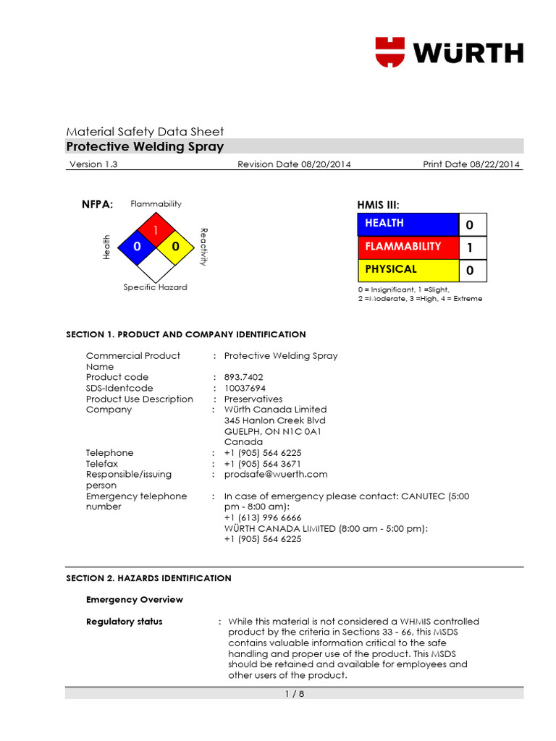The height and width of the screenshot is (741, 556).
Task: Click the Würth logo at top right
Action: pyautogui.click(x=449, y=53)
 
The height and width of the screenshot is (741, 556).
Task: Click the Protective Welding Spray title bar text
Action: pyautogui.click(x=145, y=147)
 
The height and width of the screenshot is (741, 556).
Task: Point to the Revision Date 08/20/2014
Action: pyautogui.click(x=294, y=164)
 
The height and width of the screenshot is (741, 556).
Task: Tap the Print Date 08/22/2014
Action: pyautogui.click(x=471, y=164)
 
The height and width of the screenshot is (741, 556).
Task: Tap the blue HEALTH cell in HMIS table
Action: pyautogui.click(x=408, y=224)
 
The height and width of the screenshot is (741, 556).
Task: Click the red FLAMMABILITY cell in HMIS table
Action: pyautogui.click(x=408, y=247)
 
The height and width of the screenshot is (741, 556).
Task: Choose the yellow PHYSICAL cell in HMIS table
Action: pyautogui.click(x=408, y=270)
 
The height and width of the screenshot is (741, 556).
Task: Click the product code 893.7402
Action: pyautogui.click(x=244, y=377)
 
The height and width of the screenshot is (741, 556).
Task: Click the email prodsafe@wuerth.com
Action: pyautogui.click(x=276, y=474)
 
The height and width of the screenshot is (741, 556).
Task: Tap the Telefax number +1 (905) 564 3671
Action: pyautogui.click(x=263, y=463)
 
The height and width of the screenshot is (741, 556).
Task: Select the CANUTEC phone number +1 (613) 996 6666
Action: pyautogui.click(x=263, y=517)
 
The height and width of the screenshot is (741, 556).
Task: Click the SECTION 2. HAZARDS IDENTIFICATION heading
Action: pyautogui.click(x=148, y=578)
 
